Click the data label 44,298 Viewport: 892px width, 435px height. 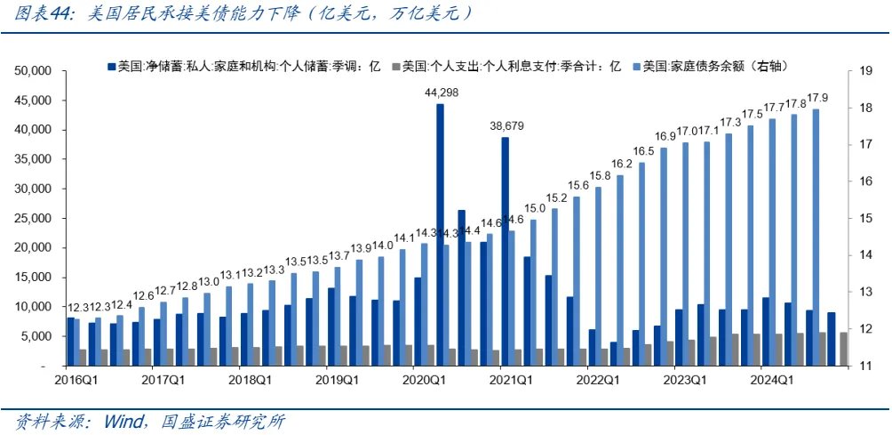tap(440, 93)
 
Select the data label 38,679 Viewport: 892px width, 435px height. tap(505, 126)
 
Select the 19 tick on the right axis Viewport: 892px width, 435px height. tap(858, 70)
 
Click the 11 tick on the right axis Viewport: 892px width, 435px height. tap(858, 366)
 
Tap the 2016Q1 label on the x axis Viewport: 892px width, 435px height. tap(76, 380)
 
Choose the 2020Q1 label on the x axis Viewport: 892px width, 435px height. tap(424, 380)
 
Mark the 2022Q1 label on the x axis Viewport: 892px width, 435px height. tap(597, 380)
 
